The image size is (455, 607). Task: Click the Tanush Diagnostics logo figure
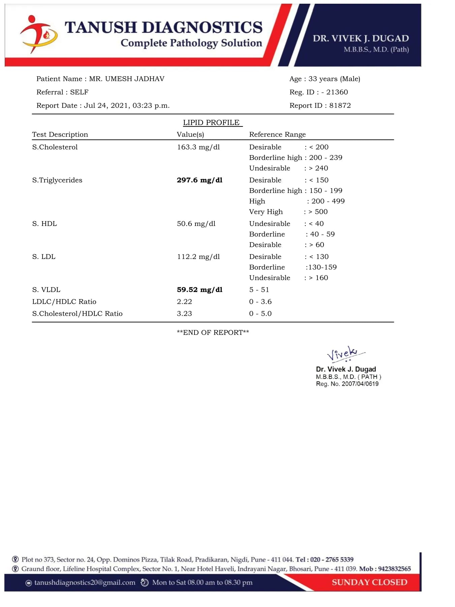pyautogui.click(x=38, y=34)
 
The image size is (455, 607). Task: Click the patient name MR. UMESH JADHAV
pyautogui.click(x=127, y=79)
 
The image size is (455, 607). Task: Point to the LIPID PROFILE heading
pyautogui.click(x=211, y=123)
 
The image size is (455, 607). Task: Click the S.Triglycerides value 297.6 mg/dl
pyautogui.click(x=200, y=180)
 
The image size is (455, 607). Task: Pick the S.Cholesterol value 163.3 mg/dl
pyautogui.click(x=198, y=147)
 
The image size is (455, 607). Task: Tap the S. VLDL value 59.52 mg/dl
pyautogui.click(x=200, y=290)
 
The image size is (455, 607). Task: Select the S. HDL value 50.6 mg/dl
pyautogui.click(x=196, y=224)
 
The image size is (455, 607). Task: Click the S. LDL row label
pyautogui.click(x=44, y=257)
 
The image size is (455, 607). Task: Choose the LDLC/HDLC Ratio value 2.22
pyautogui.click(x=184, y=301)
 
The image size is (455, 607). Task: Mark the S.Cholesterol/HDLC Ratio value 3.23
pyautogui.click(x=184, y=314)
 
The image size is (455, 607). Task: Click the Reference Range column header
pyautogui.click(x=277, y=135)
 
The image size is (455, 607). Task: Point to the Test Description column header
pyautogui.click(x=60, y=135)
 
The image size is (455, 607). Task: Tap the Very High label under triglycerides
pyautogui.click(x=266, y=212)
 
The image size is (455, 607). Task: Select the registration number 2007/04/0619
pyautogui.click(x=360, y=384)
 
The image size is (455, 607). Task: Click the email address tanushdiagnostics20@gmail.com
pyautogui.click(x=85, y=582)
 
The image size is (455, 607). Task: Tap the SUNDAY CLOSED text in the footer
pyautogui.click(x=369, y=582)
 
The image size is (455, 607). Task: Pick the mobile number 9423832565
pyautogui.click(x=394, y=569)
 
